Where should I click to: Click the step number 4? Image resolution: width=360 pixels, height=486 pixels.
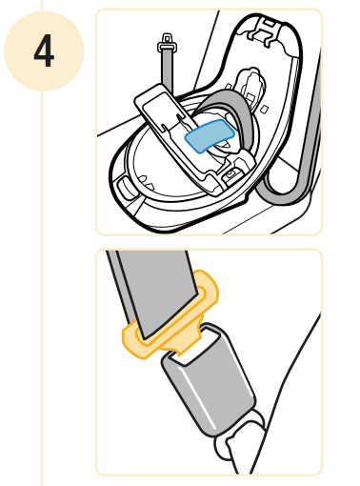coord(44,51)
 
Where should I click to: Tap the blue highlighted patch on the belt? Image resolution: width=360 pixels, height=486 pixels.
coord(210,135)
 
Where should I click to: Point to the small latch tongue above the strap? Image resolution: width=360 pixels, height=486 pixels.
coord(168,43)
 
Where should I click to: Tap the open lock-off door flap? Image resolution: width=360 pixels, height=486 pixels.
coord(178,136)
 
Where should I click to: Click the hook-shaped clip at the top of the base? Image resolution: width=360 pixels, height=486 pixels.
coord(265,31)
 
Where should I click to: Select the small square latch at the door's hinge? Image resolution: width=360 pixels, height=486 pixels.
coord(231,174)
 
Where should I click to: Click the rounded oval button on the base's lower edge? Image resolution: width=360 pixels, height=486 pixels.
coord(126,188)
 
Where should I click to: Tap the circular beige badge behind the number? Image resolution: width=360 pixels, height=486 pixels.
coord(44,51)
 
